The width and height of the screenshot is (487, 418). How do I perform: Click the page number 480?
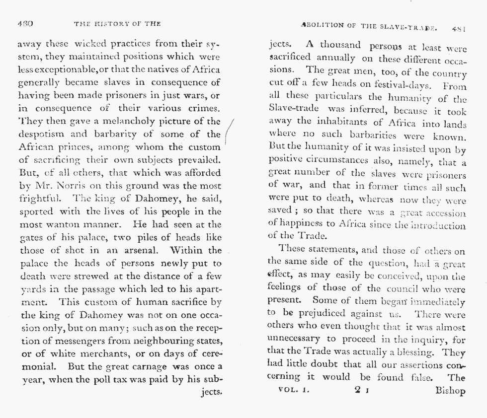coord(25,23)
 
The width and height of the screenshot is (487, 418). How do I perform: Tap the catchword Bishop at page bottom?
coord(450,391)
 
